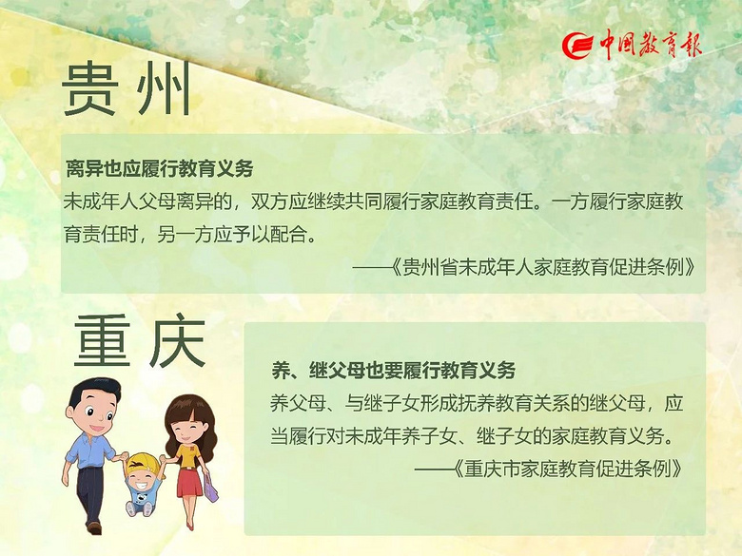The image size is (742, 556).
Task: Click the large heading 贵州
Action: tap(127, 89)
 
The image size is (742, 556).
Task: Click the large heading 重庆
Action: tap(140, 340)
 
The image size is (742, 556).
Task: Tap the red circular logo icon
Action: tap(577, 46)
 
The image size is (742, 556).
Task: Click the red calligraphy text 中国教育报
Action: tap(650, 45)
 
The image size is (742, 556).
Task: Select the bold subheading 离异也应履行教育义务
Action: tap(160, 168)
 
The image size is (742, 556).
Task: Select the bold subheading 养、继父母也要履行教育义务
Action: tap(393, 371)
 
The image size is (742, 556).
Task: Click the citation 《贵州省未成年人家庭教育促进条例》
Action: tap(544, 268)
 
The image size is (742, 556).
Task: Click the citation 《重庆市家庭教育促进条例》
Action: tap(568, 469)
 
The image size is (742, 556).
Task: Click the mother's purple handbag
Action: tap(210, 487)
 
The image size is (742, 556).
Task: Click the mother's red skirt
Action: tap(189, 482)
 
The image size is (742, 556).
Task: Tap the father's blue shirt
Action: tap(89, 450)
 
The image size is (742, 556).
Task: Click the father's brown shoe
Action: tap(94, 527)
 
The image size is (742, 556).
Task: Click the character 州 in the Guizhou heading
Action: tap(164, 89)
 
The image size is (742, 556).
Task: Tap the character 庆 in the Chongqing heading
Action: tap(178, 340)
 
